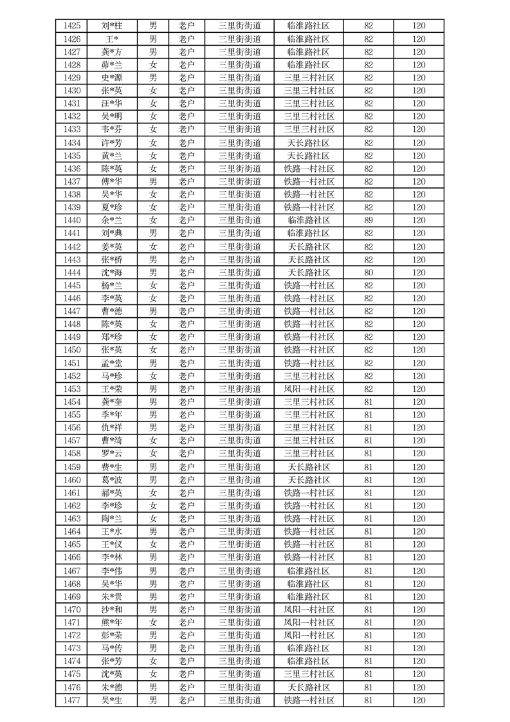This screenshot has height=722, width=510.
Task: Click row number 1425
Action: [73, 26]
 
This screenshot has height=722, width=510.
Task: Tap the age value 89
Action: [369, 220]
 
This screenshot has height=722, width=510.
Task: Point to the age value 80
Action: [369, 272]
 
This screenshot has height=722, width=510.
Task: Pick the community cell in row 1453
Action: [309, 389]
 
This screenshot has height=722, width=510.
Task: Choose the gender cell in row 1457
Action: [153, 441]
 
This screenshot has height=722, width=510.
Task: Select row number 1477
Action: [73, 700]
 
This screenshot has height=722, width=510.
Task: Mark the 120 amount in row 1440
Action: [419, 220]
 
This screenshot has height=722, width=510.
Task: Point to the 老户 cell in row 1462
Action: [187, 506]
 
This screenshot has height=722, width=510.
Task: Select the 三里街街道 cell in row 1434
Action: [240, 143]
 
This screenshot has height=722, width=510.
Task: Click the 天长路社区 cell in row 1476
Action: [309, 687]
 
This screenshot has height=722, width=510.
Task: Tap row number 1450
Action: [73, 350]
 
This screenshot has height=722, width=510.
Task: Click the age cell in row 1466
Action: [369, 557]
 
